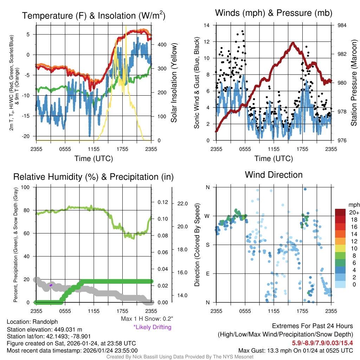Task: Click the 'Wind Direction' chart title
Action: click(274, 175)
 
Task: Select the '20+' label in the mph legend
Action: click(354, 213)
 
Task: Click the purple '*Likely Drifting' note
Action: click(152, 327)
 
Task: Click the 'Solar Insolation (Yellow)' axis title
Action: click(174, 83)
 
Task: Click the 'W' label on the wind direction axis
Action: click(207, 216)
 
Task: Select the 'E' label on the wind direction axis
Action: click(207, 274)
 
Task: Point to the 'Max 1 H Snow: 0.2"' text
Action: click(147, 319)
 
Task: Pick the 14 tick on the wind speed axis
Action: click(207, 25)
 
